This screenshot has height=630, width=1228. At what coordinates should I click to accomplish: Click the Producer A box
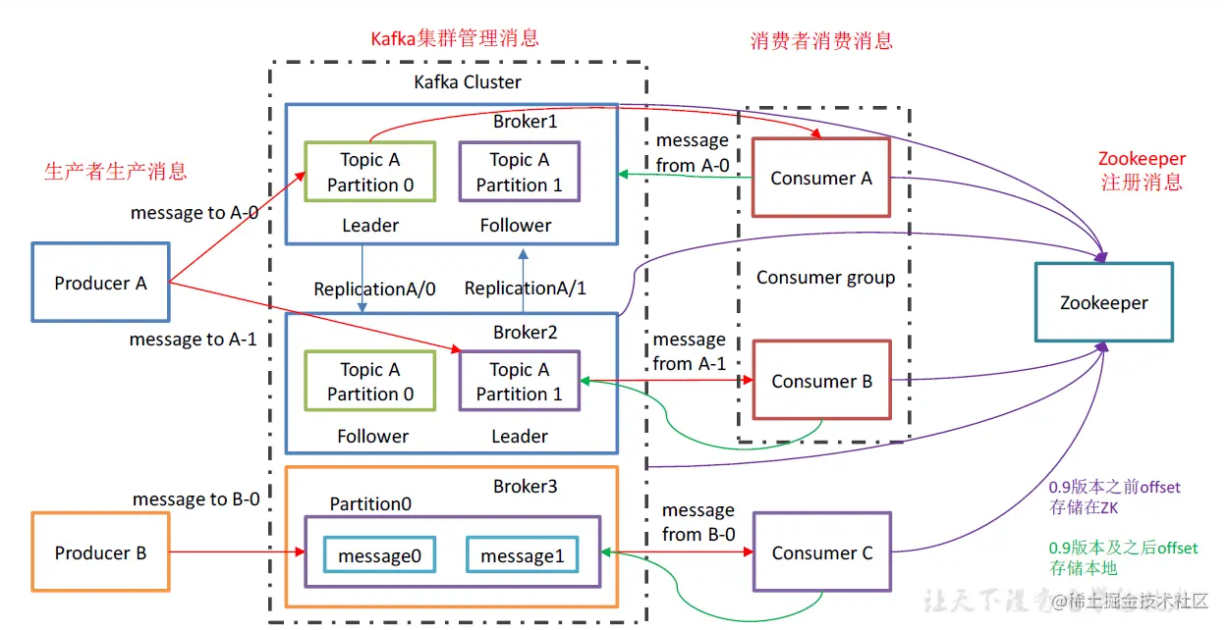(101, 283)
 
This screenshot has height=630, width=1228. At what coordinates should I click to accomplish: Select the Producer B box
(101, 552)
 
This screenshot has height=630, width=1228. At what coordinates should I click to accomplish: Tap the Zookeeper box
(1103, 302)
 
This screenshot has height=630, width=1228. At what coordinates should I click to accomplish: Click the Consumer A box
(820, 178)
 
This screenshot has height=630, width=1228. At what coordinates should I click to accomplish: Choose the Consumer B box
(821, 381)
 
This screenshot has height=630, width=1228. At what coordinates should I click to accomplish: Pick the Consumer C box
(821, 552)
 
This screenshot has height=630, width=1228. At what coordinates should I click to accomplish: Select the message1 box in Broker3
(522, 555)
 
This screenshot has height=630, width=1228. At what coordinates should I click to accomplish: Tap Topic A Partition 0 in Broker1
(370, 172)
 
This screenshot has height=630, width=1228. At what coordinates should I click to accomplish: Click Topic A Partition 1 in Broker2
(520, 382)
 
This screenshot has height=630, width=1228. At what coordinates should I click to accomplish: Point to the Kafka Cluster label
(468, 81)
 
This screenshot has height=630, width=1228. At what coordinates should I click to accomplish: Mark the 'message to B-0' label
(196, 499)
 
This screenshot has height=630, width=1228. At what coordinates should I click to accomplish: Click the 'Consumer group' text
(825, 278)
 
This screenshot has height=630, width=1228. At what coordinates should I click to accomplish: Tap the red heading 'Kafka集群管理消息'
(454, 38)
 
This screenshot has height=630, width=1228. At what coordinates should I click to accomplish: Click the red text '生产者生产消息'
(115, 171)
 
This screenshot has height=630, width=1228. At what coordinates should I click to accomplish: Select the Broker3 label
(525, 487)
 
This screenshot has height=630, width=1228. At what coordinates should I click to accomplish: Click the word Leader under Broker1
(370, 225)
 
